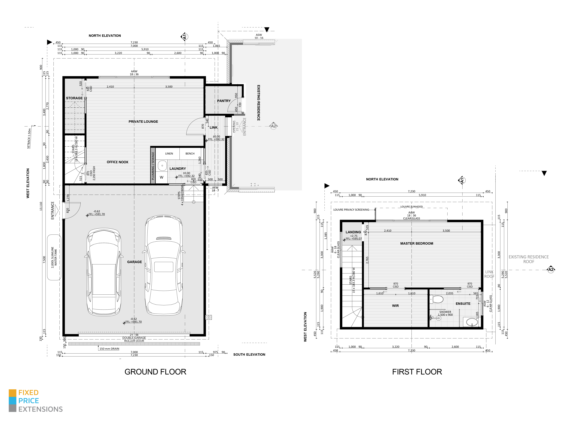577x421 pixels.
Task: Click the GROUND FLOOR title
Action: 155,372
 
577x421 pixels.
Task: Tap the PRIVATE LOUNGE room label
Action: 143,122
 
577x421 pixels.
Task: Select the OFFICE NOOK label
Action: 117,162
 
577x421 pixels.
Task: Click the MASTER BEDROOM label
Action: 417,243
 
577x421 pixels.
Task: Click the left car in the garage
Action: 104,272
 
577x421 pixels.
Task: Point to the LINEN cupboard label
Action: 169,154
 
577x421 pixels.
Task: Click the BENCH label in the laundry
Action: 190,154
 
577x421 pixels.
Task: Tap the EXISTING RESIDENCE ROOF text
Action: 529,259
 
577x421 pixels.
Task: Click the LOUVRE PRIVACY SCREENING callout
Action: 351,210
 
